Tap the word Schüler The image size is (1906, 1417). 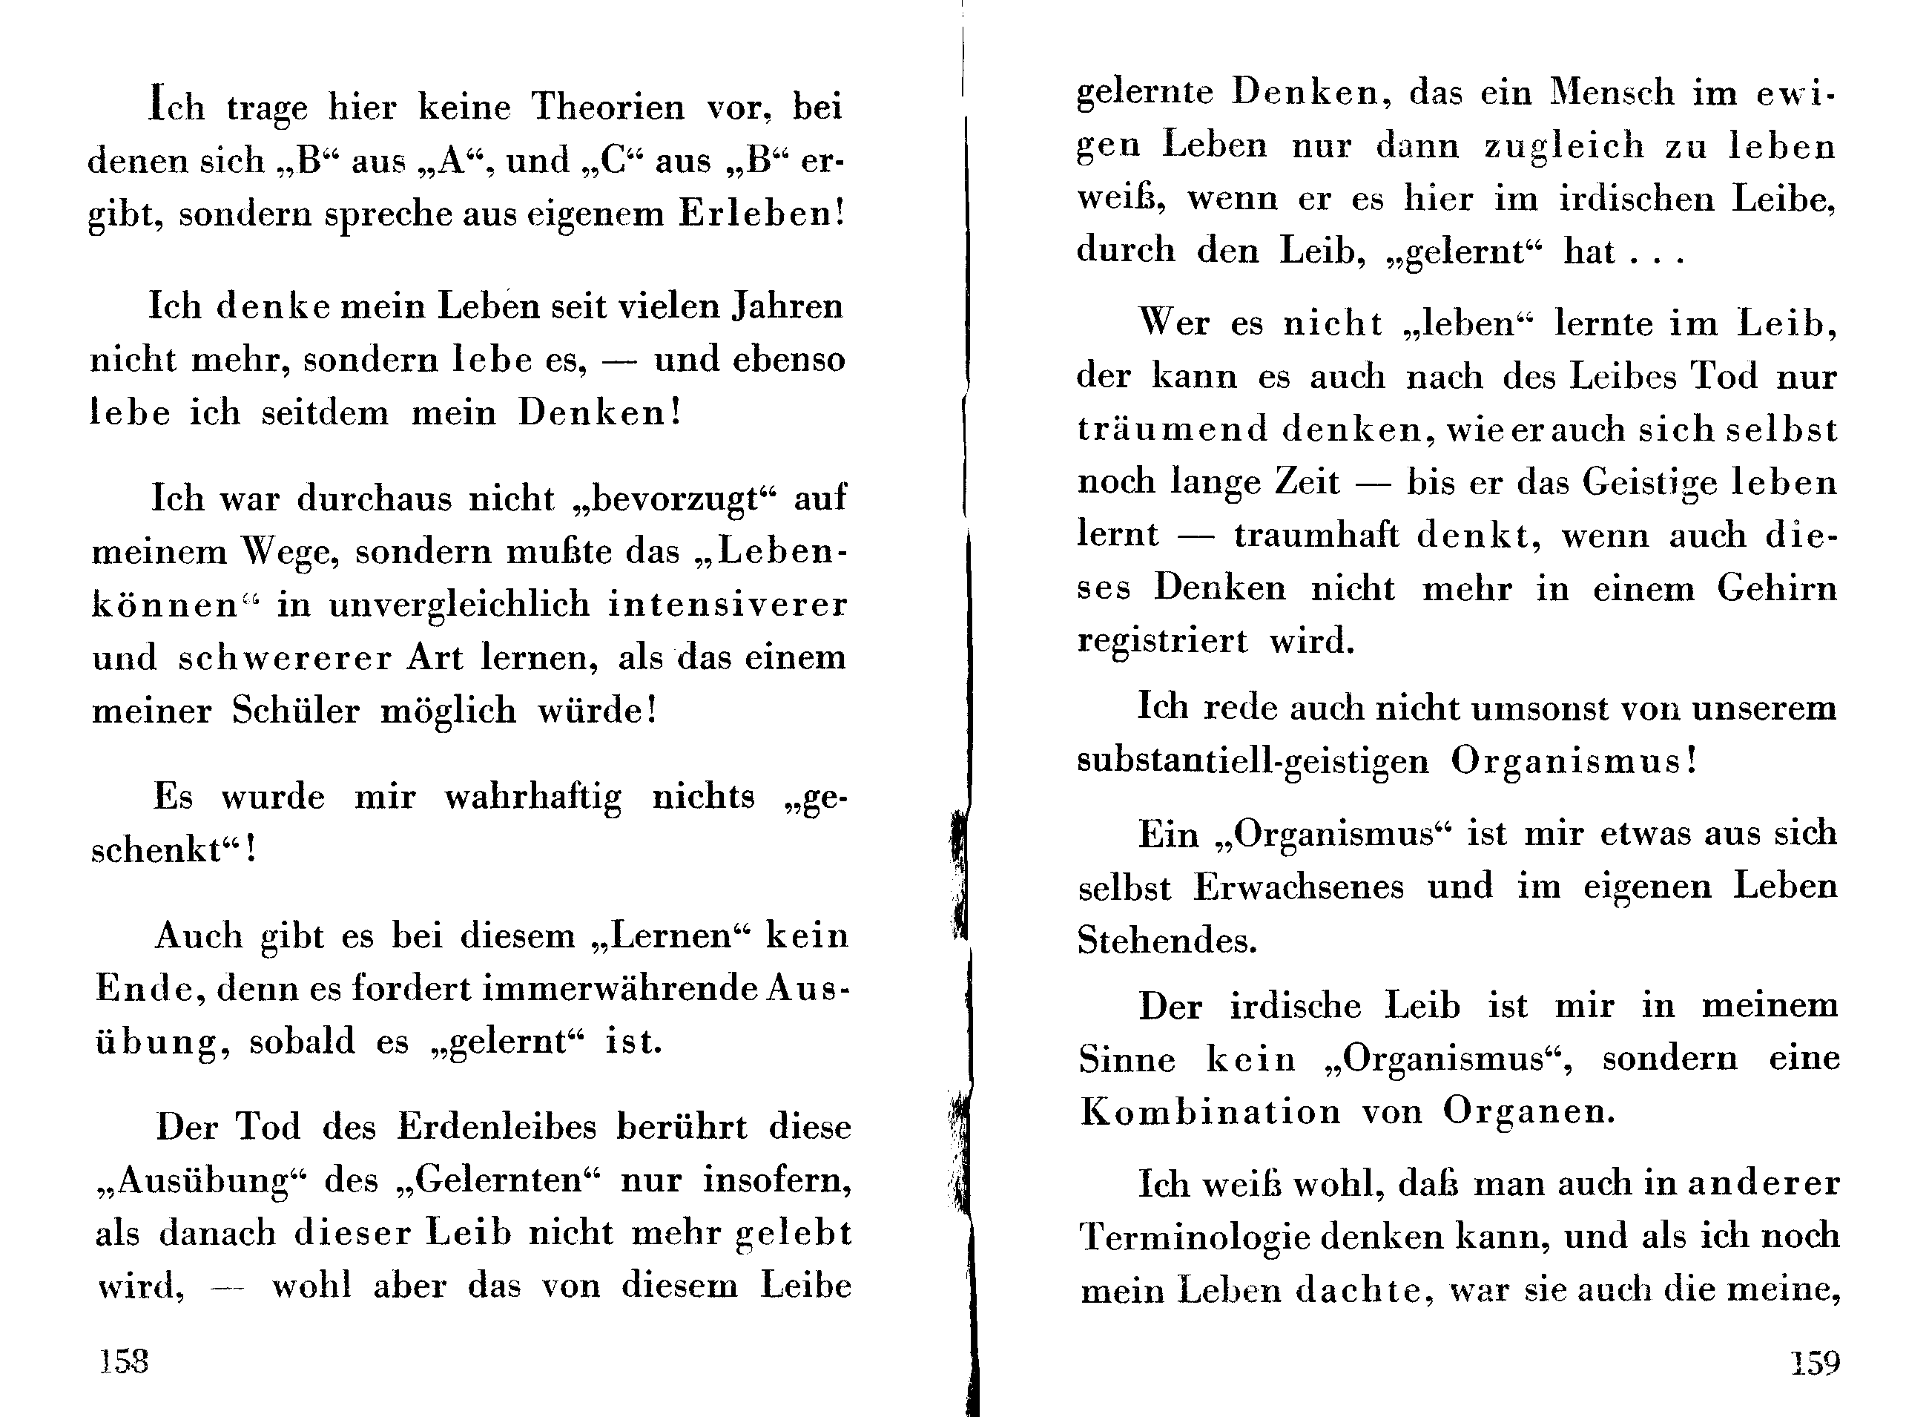click(295, 711)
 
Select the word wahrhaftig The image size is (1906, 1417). click(533, 798)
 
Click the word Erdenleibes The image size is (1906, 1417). click(496, 1127)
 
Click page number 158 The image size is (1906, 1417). click(125, 1361)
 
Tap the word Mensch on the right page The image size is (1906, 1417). click(1612, 93)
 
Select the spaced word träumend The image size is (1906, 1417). click(1172, 429)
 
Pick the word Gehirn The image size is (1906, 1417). click(1776, 589)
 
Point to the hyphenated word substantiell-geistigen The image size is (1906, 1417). click(1253, 762)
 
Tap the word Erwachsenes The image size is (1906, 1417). click(1299, 887)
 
